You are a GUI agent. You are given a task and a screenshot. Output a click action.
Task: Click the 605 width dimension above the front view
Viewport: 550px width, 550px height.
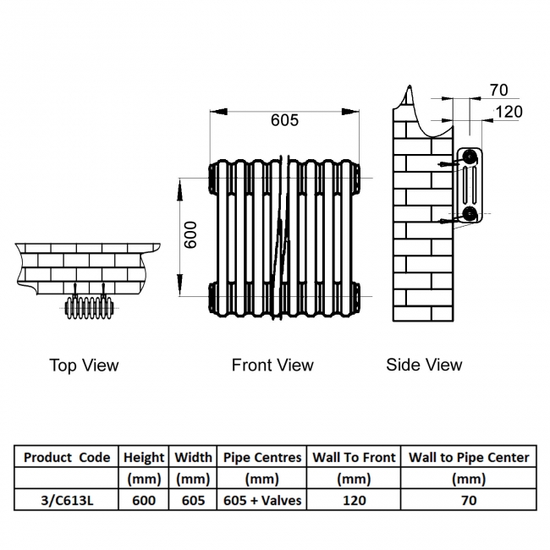284,120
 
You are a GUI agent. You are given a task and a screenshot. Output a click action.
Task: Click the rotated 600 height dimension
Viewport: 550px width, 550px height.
190,234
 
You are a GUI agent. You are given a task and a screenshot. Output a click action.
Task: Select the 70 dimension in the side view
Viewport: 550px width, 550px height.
498,91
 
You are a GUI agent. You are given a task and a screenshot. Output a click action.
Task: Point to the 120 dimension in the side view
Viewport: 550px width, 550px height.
509,112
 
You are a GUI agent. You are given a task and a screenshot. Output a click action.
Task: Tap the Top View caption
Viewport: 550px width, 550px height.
84,366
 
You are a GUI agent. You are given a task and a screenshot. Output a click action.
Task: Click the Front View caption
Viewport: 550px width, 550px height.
272,366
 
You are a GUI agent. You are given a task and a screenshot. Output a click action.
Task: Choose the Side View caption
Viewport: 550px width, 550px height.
424,365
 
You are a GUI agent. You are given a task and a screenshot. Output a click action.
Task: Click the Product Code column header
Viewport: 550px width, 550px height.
67,457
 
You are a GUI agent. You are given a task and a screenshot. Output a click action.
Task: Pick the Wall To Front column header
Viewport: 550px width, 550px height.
354,457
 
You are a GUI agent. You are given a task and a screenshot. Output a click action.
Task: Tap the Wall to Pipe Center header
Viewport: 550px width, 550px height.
469,457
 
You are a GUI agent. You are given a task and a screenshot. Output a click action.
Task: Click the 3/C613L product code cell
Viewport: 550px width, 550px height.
67,500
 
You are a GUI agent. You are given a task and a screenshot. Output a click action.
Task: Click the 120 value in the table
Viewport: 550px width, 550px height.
354,500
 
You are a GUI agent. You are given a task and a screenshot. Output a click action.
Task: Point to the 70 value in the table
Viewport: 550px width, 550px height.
469,500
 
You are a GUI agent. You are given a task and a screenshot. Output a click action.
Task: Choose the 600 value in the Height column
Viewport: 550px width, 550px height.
144,500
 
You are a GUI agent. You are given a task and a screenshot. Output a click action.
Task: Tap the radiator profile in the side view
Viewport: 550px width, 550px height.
468,186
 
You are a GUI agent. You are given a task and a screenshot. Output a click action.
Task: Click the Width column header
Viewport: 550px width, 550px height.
193,457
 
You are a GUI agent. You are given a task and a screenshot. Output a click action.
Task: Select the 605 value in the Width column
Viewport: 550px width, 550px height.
193,500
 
